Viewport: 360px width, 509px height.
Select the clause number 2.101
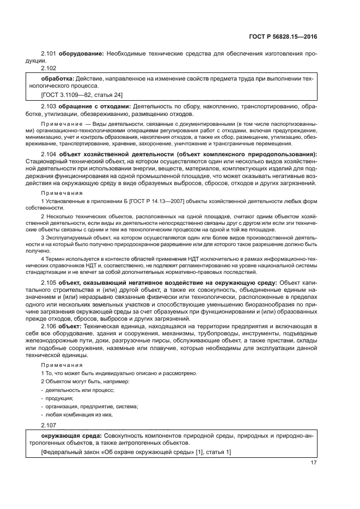click(49, 54)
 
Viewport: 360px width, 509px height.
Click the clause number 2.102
click(49, 68)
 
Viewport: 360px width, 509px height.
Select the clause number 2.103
click(49, 106)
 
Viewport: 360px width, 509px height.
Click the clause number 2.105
click(49, 283)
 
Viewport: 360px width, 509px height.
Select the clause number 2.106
click(49, 325)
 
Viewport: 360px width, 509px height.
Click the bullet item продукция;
click(59, 398)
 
